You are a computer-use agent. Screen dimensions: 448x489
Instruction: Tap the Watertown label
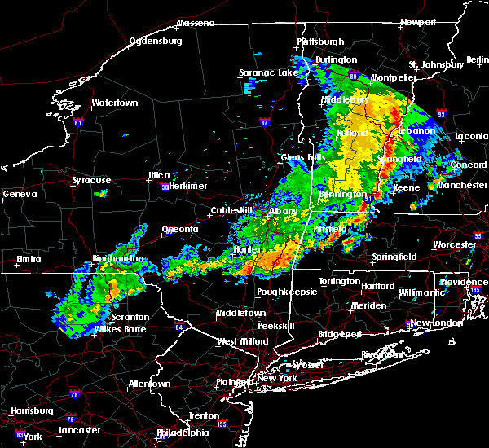115,103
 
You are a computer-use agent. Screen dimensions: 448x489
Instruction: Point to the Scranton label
131,317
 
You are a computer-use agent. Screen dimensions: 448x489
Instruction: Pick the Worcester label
454,244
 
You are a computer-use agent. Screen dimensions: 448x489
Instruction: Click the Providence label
464,282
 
